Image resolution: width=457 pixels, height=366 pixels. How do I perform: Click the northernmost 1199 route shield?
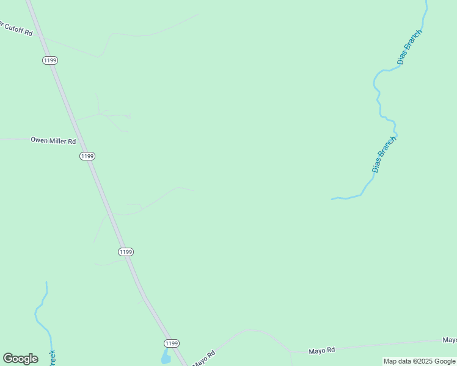(x=50, y=60)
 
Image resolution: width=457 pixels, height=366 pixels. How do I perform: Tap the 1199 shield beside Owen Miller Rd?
(x=87, y=156)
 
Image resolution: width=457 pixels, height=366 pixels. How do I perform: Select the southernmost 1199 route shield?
(x=172, y=343)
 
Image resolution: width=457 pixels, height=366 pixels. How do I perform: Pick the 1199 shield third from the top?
(x=126, y=252)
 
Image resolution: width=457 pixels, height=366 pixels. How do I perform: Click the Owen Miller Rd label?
(x=53, y=141)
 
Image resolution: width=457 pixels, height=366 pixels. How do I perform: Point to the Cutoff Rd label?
(x=17, y=28)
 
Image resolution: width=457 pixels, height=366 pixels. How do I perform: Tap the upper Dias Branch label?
(x=409, y=47)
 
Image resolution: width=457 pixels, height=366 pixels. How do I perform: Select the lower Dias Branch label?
(x=384, y=154)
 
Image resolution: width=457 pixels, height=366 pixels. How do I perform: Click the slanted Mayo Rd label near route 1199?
(x=205, y=358)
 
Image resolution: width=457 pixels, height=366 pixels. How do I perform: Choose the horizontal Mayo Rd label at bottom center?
(x=322, y=350)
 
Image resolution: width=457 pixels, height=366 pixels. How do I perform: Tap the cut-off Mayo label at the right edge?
(x=450, y=340)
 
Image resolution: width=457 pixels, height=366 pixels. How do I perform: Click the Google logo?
(x=20, y=359)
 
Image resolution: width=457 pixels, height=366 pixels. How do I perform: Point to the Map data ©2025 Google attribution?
(x=420, y=361)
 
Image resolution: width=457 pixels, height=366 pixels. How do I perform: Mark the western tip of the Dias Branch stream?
(x=332, y=199)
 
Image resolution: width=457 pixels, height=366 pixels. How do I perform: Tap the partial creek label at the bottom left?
(x=52, y=358)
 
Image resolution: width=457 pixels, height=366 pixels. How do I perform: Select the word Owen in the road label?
(x=39, y=141)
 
